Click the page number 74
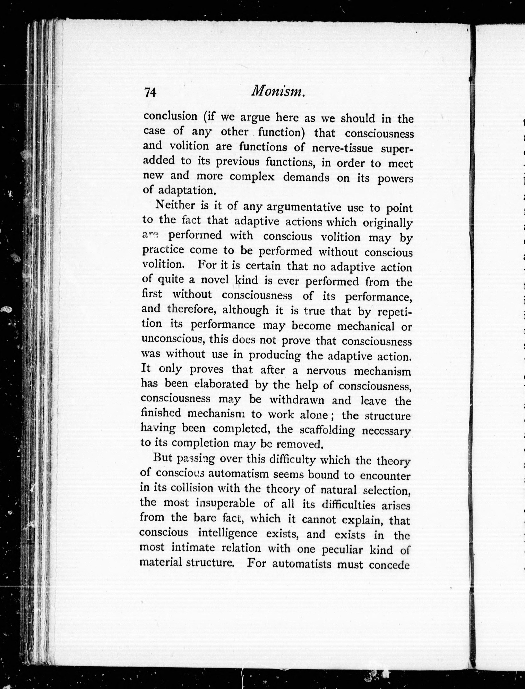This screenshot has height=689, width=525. coord(150,93)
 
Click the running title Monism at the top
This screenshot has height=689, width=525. coord(277,91)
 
